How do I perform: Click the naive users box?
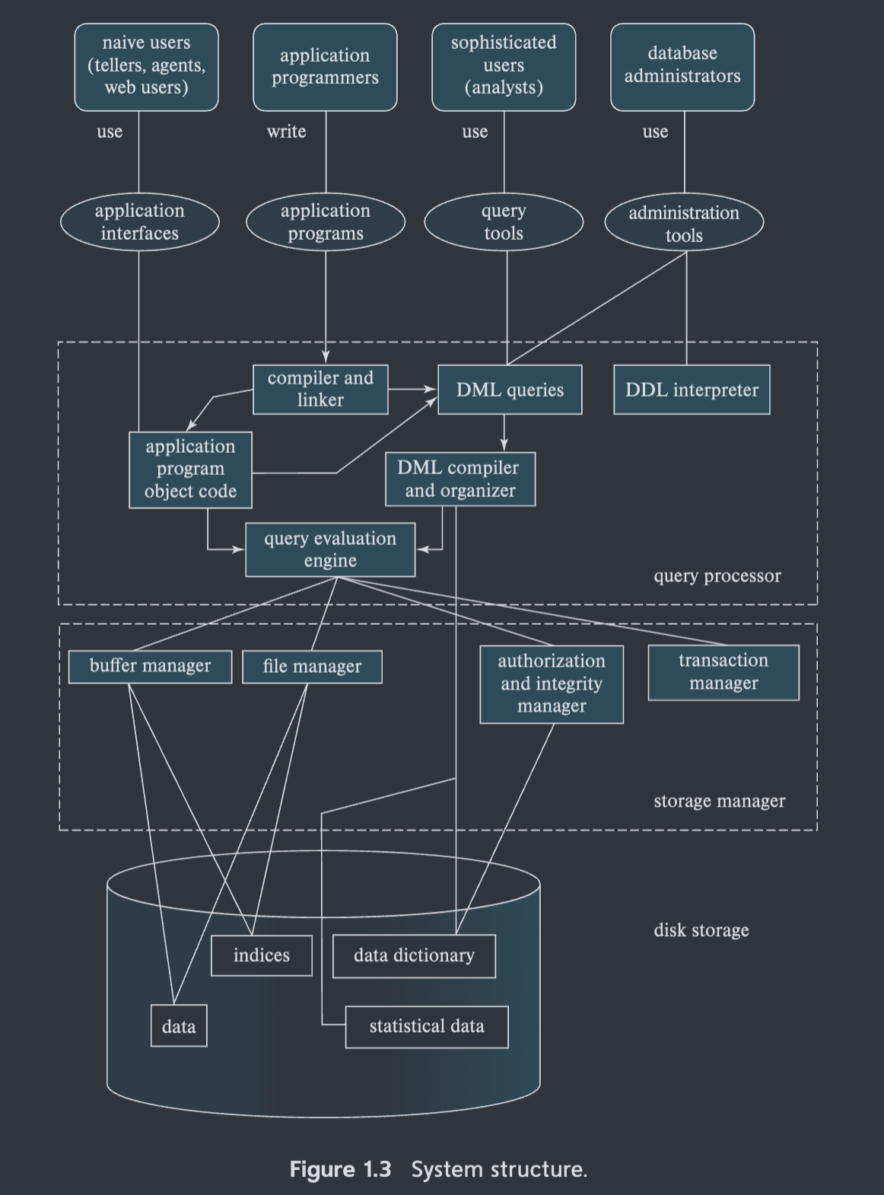pyautogui.click(x=146, y=66)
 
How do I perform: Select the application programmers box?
pyautogui.click(x=325, y=66)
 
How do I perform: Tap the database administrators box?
pyautogui.click(x=682, y=66)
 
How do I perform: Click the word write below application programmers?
pyautogui.click(x=286, y=132)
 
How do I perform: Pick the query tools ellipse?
pyautogui.click(x=504, y=221)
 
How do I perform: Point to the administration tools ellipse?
pyautogui.click(x=684, y=223)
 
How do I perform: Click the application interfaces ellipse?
pyautogui.click(x=140, y=221)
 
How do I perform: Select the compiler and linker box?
pyautogui.click(x=320, y=389)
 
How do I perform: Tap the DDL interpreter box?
pyautogui.click(x=692, y=390)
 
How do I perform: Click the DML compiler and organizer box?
pyautogui.click(x=460, y=479)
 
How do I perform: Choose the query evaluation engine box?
pyautogui.click(x=330, y=549)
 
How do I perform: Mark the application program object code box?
pyautogui.click(x=190, y=469)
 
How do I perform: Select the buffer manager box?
pyautogui.click(x=150, y=666)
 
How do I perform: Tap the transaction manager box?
pyautogui.click(x=723, y=672)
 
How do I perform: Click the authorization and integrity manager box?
pyautogui.click(x=552, y=684)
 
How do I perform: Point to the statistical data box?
pyautogui.click(x=427, y=1027)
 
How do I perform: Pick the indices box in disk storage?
pyautogui.click(x=262, y=955)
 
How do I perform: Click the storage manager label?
pyautogui.click(x=719, y=801)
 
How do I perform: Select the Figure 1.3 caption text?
pyautogui.click(x=438, y=1169)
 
